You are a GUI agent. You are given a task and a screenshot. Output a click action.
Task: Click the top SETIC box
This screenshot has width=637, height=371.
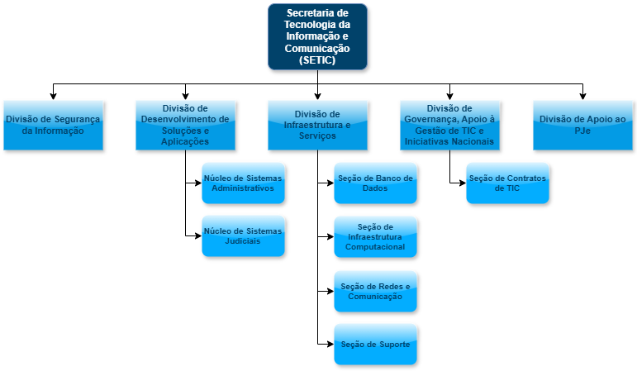coord(317,36)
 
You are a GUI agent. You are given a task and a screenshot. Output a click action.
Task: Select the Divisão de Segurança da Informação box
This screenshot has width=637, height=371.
coord(53,125)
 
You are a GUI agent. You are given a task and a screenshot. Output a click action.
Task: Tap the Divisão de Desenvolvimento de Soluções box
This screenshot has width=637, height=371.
coord(185,125)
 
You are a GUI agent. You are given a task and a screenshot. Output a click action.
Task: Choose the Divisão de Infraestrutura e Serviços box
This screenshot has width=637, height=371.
coord(317,125)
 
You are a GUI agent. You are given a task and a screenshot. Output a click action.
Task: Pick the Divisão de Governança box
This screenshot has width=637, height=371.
coord(449,125)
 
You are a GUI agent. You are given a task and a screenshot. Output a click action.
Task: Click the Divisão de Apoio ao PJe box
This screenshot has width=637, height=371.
coord(582,125)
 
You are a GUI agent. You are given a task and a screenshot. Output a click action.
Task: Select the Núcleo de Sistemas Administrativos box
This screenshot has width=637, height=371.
coord(243,183)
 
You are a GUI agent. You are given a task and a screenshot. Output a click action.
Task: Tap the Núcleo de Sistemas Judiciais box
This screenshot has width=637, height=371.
coord(243,235)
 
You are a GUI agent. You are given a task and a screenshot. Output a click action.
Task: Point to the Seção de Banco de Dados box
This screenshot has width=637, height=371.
coord(375,183)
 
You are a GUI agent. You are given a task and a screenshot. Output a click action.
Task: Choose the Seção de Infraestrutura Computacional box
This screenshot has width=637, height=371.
coord(375,236)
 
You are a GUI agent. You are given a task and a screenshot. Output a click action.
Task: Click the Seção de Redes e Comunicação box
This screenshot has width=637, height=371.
coord(375,291)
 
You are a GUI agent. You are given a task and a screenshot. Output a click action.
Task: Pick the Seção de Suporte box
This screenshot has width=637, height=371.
coord(375,344)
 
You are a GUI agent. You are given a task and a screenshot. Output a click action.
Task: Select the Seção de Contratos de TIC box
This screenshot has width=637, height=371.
coord(507,183)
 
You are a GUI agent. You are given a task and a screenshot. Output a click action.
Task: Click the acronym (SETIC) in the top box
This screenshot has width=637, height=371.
coord(317,60)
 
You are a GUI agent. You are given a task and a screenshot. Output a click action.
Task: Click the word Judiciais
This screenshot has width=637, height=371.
coord(243,241)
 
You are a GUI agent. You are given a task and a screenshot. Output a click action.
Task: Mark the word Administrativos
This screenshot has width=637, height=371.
coord(243,188)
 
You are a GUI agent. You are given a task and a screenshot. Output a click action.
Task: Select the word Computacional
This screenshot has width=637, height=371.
coord(375,247)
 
